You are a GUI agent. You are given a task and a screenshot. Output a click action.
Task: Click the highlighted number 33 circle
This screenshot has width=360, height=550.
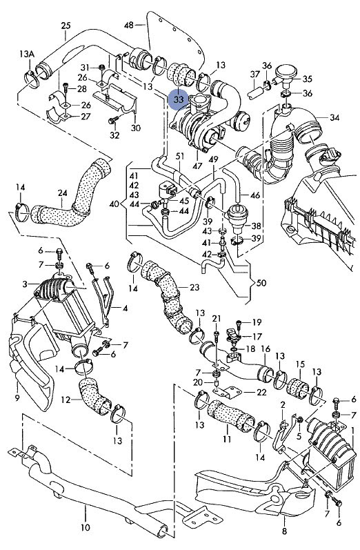tap(179, 100)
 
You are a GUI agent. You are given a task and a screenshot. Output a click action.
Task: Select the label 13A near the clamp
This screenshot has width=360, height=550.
tap(26, 53)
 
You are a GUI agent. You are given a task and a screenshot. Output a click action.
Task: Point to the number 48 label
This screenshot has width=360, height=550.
tap(128, 26)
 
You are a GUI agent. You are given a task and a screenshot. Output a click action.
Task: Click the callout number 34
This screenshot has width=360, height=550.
tap(334, 119)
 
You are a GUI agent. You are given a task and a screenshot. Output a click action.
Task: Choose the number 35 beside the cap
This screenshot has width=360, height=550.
tap(308, 79)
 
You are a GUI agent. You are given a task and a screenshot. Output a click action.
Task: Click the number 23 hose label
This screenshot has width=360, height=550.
tap(194, 287)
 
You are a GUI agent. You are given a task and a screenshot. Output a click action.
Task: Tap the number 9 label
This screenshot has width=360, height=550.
tap(17, 397)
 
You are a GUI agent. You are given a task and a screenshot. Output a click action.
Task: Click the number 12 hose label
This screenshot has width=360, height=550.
tap(66, 400)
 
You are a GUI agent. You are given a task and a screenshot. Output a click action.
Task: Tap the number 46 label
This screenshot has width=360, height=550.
tap(255, 196)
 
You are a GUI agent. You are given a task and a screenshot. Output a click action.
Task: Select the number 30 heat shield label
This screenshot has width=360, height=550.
tap(135, 128)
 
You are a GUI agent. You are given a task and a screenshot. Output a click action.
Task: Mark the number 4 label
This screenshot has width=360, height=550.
tap(125, 308)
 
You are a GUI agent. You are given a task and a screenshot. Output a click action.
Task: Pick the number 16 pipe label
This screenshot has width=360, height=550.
tap(265, 350)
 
